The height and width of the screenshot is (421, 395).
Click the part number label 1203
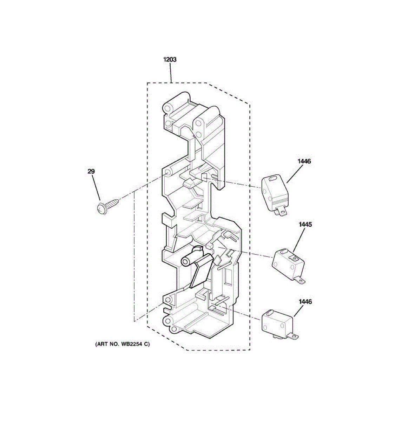170,60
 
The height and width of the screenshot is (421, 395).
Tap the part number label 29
91,172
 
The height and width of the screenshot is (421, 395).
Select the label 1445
305,225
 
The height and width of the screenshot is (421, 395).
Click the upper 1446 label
304,161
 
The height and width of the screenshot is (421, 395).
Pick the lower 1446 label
305,302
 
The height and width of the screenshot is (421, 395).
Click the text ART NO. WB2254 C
122,344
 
